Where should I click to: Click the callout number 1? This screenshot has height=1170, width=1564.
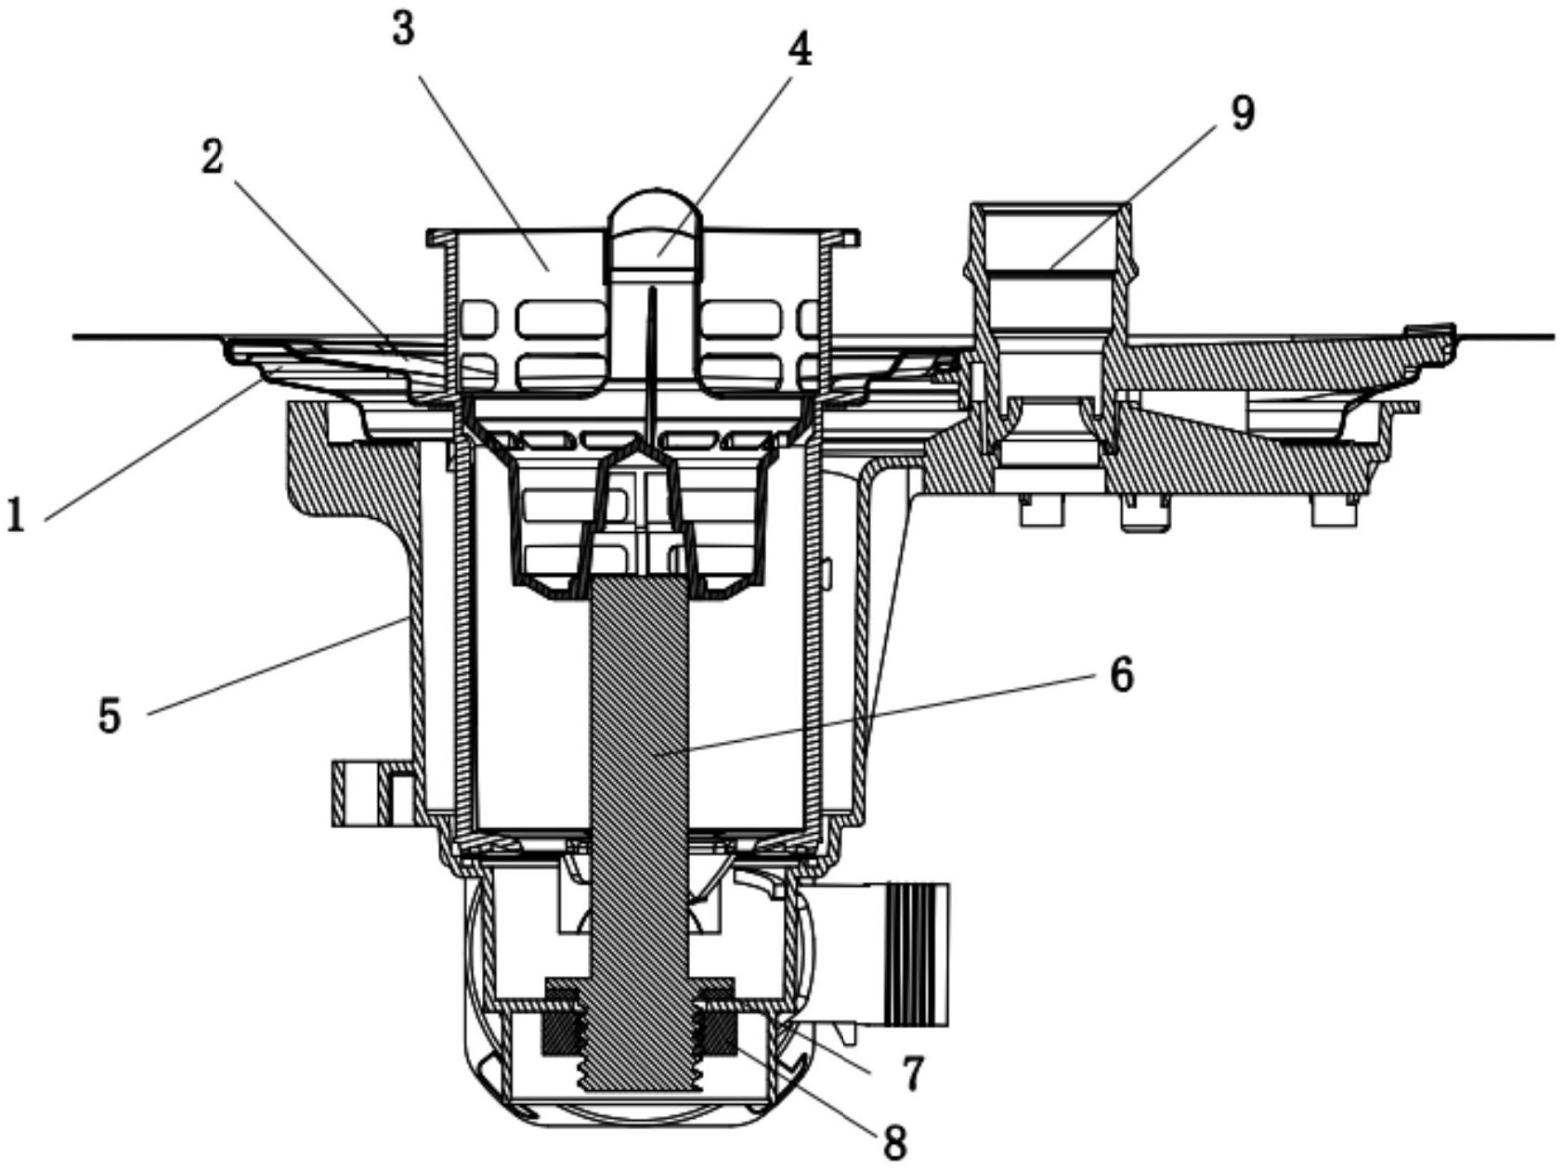point(16,513)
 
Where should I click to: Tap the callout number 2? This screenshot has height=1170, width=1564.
point(213,157)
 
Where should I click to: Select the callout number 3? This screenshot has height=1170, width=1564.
point(403,29)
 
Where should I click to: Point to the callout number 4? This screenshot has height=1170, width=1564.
point(799,50)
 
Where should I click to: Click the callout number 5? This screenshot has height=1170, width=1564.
point(111,716)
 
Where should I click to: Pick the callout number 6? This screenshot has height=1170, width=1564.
point(1121,673)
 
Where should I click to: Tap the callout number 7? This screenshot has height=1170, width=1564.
point(913,1073)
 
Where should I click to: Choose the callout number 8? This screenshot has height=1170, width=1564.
point(894,1142)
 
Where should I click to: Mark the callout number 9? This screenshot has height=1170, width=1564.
point(1242,112)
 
